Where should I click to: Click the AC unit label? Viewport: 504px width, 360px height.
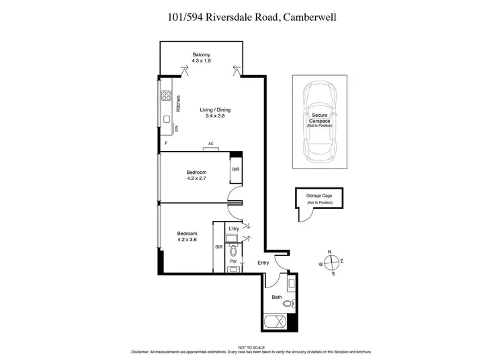210,144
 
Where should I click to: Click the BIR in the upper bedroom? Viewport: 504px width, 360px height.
235,169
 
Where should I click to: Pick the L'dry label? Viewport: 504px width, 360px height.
233,229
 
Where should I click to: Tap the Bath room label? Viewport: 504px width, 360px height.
277,296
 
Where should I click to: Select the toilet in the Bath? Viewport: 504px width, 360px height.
288,304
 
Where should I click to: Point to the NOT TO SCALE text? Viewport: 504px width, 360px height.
251,347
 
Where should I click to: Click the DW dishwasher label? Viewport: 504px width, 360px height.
177,128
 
